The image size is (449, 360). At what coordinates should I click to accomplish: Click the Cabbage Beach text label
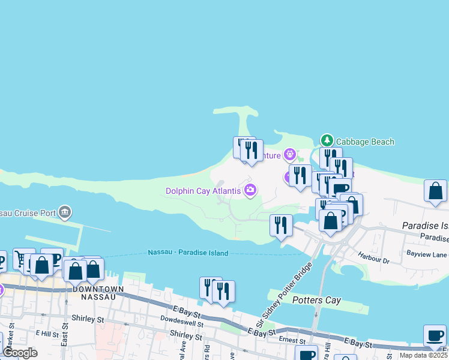(365, 142)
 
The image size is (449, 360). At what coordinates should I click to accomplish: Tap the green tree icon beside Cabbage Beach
(327, 140)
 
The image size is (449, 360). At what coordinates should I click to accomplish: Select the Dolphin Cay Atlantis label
(203, 191)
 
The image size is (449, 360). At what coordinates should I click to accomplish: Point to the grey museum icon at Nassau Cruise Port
(65, 212)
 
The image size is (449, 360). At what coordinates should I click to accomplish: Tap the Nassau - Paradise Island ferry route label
(188, 253)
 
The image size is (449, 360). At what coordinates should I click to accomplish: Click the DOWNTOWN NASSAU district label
(98, 289)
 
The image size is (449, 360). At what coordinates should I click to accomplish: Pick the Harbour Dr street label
(375, 260)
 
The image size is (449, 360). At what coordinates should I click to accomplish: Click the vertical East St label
(64, 337)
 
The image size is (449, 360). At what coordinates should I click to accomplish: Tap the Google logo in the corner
(20, 353)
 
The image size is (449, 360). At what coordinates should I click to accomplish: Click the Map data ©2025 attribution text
(423, 355)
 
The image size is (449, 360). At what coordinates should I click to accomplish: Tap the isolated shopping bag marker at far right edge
(435, 191)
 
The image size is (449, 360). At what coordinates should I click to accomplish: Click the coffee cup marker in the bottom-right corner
(435, 335)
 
